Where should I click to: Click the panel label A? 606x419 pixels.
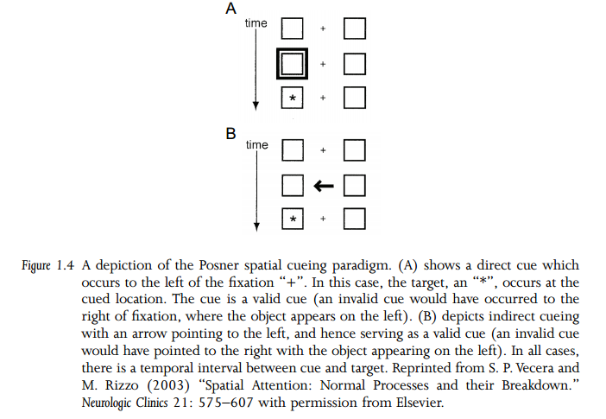(230, 10)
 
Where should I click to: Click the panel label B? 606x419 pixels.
(230, 134)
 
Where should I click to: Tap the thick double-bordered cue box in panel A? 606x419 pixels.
(294, 64)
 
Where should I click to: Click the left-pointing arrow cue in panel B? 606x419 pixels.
(324, 185)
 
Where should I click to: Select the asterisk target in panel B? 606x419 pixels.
(294, 219)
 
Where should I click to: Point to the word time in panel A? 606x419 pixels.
(256, 22)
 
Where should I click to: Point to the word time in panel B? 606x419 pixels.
(256, 144)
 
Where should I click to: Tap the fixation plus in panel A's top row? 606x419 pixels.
(324, 29)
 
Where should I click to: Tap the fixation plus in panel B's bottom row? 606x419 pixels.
(324, 219)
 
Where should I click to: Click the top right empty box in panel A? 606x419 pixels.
(354, 29)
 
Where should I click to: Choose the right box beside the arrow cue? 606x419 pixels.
(354, 185)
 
